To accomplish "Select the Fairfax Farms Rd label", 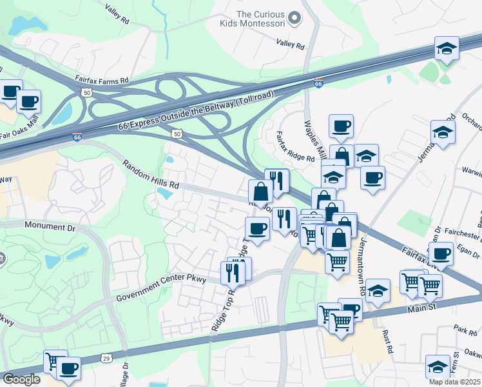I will point(101,80).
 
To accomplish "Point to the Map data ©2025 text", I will point(454,382).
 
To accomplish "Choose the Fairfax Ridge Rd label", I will point(294,146).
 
